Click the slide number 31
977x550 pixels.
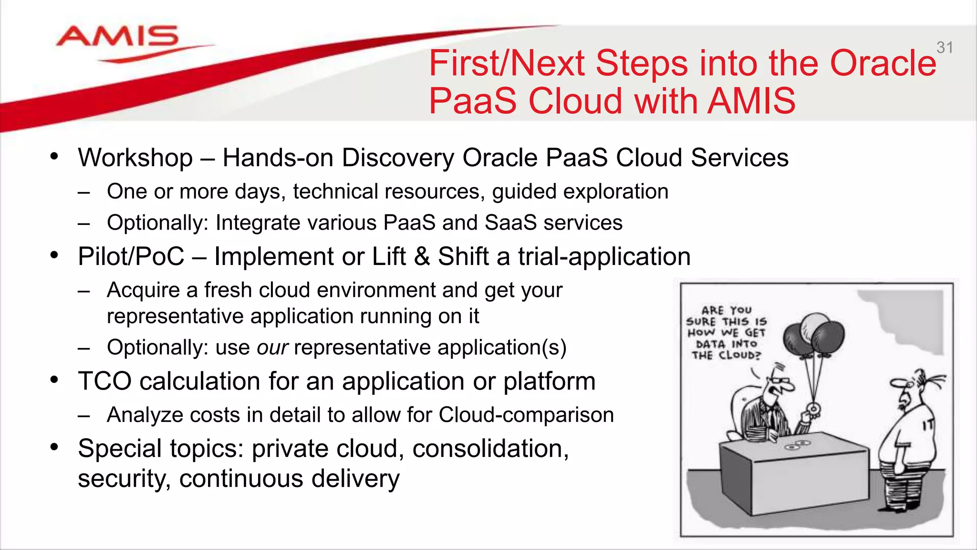(945, 48)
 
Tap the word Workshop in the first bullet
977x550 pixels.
(135, 158)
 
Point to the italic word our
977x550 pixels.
(272, 348)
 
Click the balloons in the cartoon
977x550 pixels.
(813, 334)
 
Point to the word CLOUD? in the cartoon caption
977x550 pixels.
(739, 355)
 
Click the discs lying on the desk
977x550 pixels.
(797, 445)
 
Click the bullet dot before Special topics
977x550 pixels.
(54, 447)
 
